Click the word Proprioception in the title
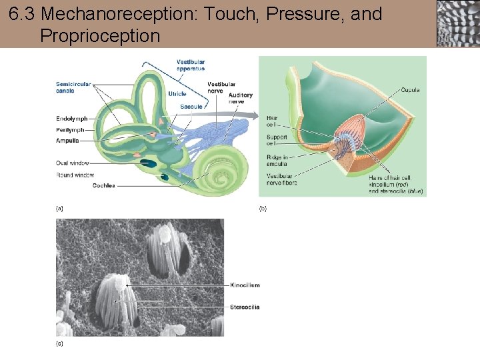tap(100, 35)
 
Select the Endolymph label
tap(72, 119)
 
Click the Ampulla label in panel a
tap(68, 141)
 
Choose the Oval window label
tap(73, 163)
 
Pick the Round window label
tap(75, 175)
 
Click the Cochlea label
tap(103, 185)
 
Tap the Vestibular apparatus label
tap(191, 65)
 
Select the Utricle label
tap(177, 94)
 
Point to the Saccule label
tap(191, 107)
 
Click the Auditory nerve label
tap(241, 99)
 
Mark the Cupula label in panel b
tap(410, 90)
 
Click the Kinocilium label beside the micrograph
tap(244, 285)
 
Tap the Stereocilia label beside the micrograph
tap(244, 307)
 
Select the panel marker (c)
tap(60, 344)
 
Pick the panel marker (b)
tap(263, 209)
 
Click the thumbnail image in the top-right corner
tap(457, 23)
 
